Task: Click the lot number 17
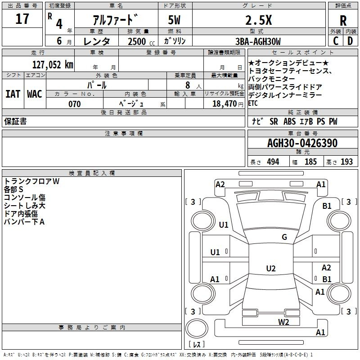[22, 18]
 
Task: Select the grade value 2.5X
[258, 20]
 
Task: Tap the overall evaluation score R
[343, 21]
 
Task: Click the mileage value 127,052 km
[53, 64]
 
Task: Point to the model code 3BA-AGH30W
[258, 41]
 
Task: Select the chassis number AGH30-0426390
[302, 143]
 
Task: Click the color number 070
[75, 104]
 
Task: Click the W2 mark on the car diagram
[283, 322]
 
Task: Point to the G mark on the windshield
[284, 237]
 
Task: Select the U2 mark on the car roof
[271, 268]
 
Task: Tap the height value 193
[346, 162]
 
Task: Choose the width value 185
[310, 162]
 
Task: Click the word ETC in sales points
[253, 103]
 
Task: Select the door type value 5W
[174, 20]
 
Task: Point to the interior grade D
[350, 41]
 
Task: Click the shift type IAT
[13, 94]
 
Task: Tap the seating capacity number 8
[188, 85]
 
